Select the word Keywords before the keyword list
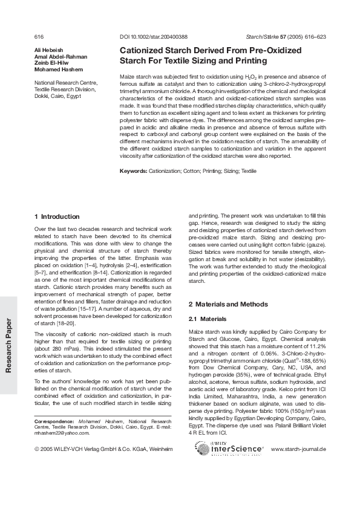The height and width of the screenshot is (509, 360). tap(133, 172)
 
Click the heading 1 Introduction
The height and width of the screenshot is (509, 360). tap(57, 216)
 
